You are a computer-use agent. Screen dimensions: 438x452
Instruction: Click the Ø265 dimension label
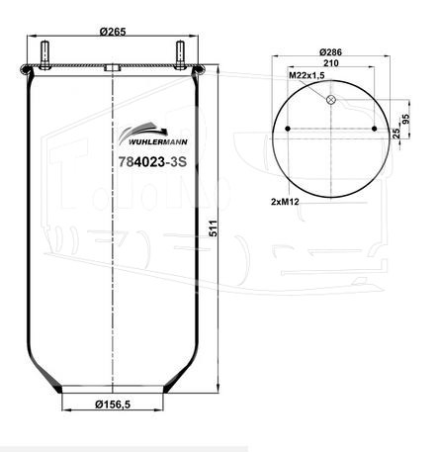pos(113,32)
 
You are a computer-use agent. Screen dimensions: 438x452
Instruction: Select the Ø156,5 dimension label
pos(113,404)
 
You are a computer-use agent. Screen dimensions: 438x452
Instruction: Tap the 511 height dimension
pos(214,228)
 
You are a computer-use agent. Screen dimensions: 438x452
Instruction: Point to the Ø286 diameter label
pos(330,52)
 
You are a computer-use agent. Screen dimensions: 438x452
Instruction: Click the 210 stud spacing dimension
pos(331,62)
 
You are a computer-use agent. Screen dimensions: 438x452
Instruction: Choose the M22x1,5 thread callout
pos(307,75)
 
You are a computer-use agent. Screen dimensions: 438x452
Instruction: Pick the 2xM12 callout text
pos(285,202)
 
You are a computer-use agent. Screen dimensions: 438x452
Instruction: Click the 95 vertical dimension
pos(405,119)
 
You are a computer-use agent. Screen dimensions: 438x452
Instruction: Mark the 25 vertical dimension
pos(396,133)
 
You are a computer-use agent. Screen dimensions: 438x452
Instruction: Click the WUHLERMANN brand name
pos(157,142)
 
